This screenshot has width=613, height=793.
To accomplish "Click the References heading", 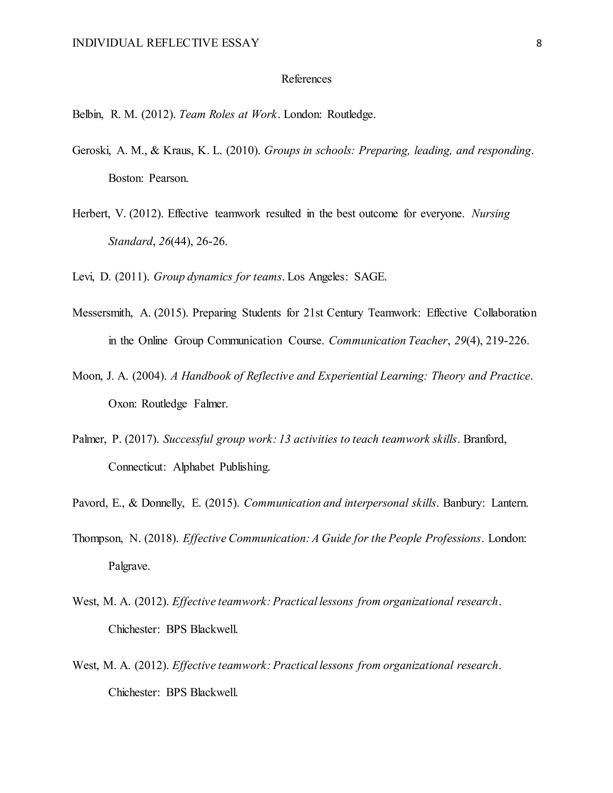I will click(x=306, y=79).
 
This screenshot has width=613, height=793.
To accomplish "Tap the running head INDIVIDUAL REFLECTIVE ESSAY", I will click(x=166, y=43).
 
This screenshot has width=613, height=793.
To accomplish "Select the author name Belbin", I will click(x=87, y=115).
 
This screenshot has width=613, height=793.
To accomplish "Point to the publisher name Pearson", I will click(x=169, y=179).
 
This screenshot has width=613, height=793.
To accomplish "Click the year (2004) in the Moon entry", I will click(x=149, y=376).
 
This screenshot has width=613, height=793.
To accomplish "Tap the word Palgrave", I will click(x=129, y=566).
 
